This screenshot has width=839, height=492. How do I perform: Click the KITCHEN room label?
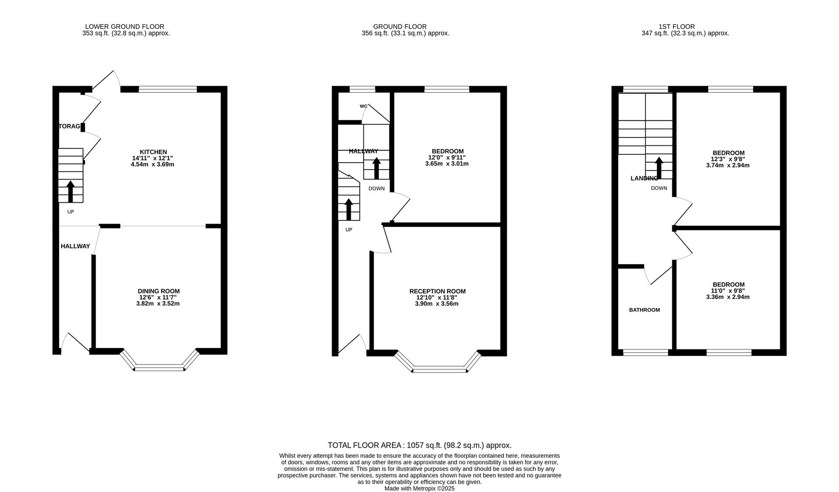click(153, 152)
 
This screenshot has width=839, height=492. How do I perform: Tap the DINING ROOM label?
click(159, 291)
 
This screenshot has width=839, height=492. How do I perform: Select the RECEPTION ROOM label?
click(437, 292)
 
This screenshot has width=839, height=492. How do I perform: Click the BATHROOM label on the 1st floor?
click(644, 310)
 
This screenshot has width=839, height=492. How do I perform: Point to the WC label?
click(363, 106)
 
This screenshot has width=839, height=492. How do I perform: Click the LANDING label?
click(644, 178)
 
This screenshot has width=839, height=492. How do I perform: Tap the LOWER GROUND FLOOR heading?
click(124, 26)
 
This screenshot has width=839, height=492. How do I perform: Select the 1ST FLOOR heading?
click(676, 26)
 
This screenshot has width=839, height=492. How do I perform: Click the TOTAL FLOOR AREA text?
click(419, 445)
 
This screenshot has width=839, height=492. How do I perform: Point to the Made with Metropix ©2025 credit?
click(419, 488)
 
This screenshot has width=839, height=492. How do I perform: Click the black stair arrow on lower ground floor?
click(70, 191)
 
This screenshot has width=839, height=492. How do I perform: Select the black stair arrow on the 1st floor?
click(659, 168)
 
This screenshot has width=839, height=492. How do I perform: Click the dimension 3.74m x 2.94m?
click(727, 165)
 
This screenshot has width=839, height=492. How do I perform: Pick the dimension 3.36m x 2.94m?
click(727, 297)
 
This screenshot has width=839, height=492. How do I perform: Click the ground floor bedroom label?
click(447, 151)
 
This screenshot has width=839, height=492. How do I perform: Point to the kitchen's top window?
click(168, 89)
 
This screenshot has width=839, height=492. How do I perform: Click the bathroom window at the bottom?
click(645, 352)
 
